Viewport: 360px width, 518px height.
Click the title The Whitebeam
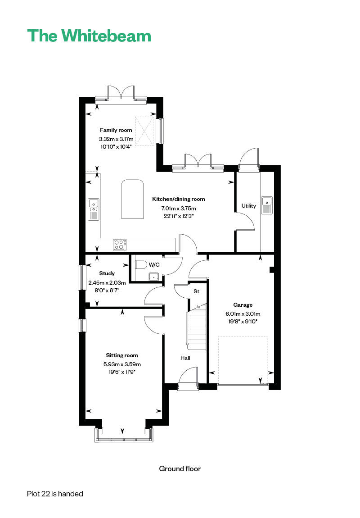pyautogui.click(x=89, y=36)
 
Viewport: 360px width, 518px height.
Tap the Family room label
pyautogui.click(x=116, y=130)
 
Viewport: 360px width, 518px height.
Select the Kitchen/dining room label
pyautogui.click(x=179, y=199)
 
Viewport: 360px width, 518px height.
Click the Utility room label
pyautogui.click(x=248, y=206)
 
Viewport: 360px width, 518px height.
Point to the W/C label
pyautogui.click(x=154, y=264)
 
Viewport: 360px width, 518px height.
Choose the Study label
pyautogui.click(x=107, y=273)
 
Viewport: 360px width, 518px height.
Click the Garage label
pyautogui.click(x=243, y=305)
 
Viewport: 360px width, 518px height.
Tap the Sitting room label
pyautogui.click(x=122, y=355)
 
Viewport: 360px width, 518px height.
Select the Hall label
pyautogui.click(x=185, y=358)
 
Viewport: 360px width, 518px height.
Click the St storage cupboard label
pyautogui.click(x=196, y=291)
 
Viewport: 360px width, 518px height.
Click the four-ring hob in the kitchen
pyautogui.click(x=120, y=245)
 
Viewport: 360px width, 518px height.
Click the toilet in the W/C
pyautogui.click(x=140, y=264)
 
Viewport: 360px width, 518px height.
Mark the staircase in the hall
pyautogui.click(x=196, y=327)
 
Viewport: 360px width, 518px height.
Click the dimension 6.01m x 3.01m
pyautogui.click(x=243, y=314)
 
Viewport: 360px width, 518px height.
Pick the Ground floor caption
pyautogui.click(x=180, y=469)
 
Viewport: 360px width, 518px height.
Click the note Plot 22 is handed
pyautogui.click(x=55, y=494)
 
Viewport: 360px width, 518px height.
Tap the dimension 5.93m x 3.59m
pyautogui.click(x=122, y=364)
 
